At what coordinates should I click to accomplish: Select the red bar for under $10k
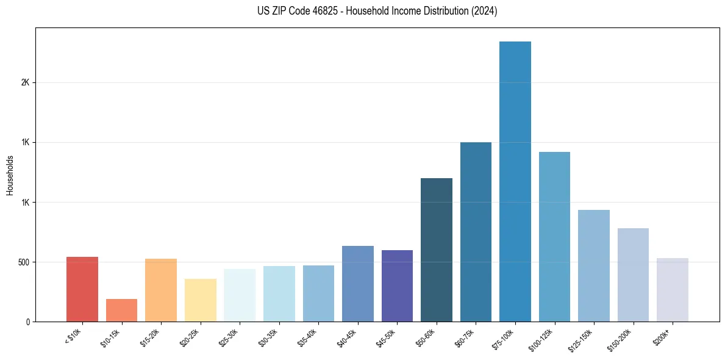[x=82, y=289]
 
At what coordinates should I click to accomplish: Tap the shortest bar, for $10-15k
[x=121, y=310]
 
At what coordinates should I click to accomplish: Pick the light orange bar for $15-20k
[x=161, y=290]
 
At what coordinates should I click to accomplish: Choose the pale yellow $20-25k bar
[x=201, y=300]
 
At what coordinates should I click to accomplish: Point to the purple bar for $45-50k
[x=397, y=286]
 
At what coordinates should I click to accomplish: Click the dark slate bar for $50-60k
[x=437, y=250]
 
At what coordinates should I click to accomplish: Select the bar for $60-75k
[x=476, y=232]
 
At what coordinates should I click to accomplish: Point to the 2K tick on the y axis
[x=26, y=83]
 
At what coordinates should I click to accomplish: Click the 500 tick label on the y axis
[x=23, y=262]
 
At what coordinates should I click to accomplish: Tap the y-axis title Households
[x=10, y=175]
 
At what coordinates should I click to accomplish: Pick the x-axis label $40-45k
[x=347, y=337]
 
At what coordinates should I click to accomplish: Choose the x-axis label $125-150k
[x=582, y=339]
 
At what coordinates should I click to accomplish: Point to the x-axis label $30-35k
[x=268, y=337]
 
